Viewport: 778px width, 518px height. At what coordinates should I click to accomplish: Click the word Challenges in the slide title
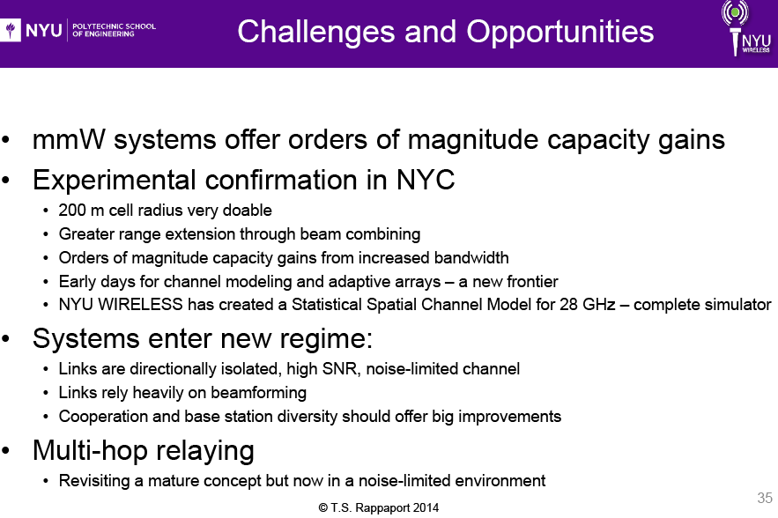pos(316,33)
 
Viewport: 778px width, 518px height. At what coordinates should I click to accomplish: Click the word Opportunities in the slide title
pos(560,33)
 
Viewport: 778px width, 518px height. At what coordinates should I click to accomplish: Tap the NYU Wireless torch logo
pos(745,28)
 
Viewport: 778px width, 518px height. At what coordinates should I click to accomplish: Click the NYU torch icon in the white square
pos(11,30)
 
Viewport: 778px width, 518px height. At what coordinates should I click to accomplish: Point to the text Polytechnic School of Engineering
pos(114,30)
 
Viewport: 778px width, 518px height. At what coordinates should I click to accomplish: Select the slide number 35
pos(765,498)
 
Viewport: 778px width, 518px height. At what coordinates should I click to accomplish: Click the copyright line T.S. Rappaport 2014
pos(379,508)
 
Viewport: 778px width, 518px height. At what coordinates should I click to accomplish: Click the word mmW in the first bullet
pos(69,139)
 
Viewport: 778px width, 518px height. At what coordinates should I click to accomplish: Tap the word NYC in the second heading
pos(426,180)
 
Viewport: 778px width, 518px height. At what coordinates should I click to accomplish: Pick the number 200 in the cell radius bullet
pos(72,211)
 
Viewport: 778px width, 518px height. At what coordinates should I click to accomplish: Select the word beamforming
pos(258,393)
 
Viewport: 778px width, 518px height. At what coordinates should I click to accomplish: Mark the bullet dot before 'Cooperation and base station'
pos(46,417)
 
